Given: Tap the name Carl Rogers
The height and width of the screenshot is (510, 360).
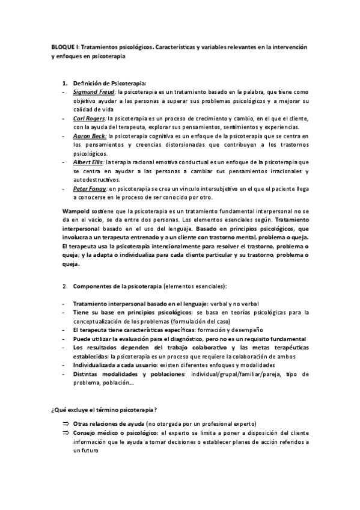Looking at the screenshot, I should pos(90,118).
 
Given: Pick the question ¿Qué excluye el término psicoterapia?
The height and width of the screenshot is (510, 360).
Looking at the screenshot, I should pos(104,410).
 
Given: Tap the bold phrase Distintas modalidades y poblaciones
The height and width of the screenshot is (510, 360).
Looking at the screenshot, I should pos(127,374).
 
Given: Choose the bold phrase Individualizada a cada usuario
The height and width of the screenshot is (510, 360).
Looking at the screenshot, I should pos(114,365).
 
